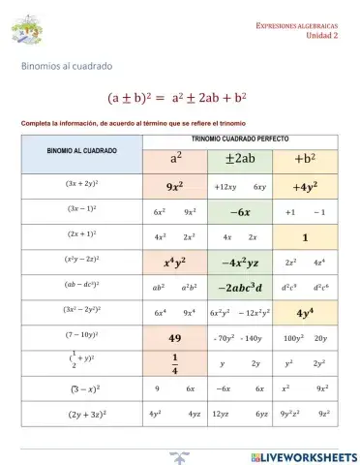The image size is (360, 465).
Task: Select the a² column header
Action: [x=175, y=159]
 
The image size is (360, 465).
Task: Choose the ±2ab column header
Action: [x=240, y=159]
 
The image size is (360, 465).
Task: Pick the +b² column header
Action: [x=305, y=159]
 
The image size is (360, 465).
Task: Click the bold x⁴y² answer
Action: [x=175, y=262]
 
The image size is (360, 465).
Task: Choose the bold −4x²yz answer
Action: [x=240, y=262]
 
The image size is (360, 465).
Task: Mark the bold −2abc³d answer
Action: [x=240, y=287]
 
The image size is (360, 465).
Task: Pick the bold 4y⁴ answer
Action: [x=305, y=312]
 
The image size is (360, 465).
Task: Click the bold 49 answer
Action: [x=175, y=338]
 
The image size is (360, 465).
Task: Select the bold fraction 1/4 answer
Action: [x=175, y=363]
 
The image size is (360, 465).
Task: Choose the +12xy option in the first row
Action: [x=225, y=186]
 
